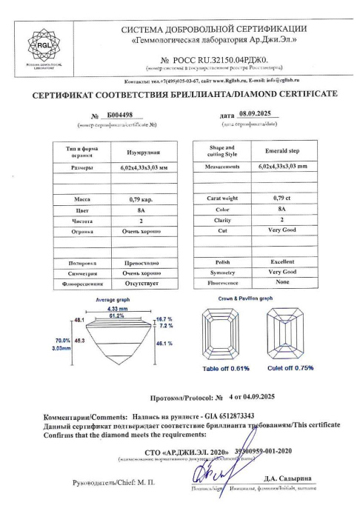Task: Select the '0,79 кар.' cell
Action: [141, 200]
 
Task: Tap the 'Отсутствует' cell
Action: [141, 282]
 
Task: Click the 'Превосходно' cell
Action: [141, 263]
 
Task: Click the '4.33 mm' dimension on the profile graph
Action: [118, 308]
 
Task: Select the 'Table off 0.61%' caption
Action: [226, 368]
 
